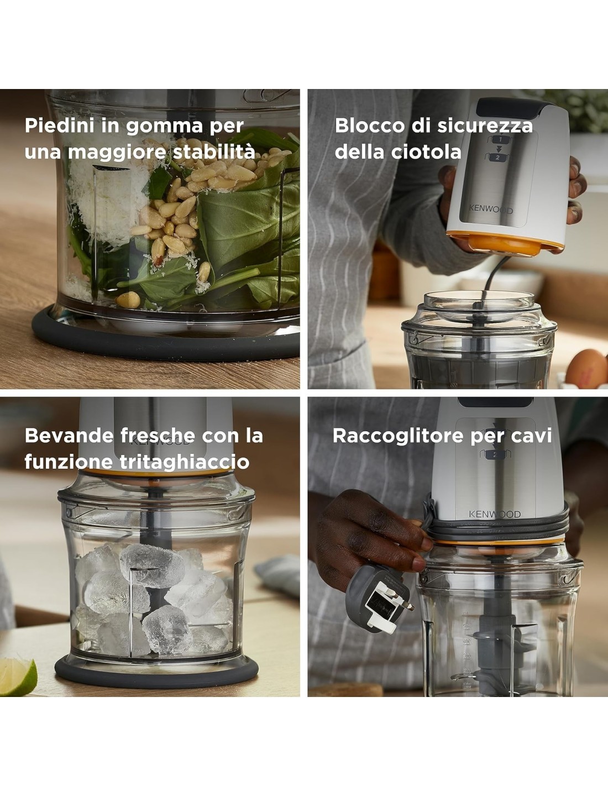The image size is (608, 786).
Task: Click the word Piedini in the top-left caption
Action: (x=60, y=125)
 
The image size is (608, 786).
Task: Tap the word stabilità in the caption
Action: (x=214, y=151)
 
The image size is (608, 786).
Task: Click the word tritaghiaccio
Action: (x=185, y=462)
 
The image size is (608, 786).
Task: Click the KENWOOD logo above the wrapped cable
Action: (x=495, y=513)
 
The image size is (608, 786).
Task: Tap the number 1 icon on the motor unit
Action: (x=501, y=139)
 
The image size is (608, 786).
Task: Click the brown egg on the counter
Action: (x=586, y=368)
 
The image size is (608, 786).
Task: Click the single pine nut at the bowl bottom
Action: (x=128, y=300)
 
